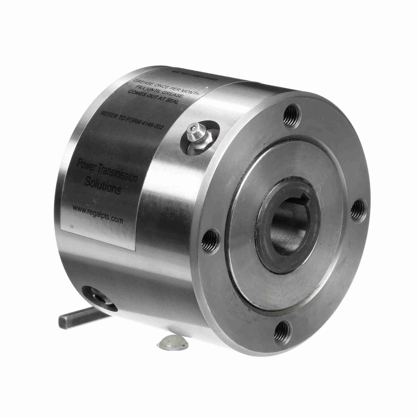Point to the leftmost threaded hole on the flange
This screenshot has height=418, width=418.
point(210,240)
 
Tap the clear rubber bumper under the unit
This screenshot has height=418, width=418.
point(172,343)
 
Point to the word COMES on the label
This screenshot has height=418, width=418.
point(136,94)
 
